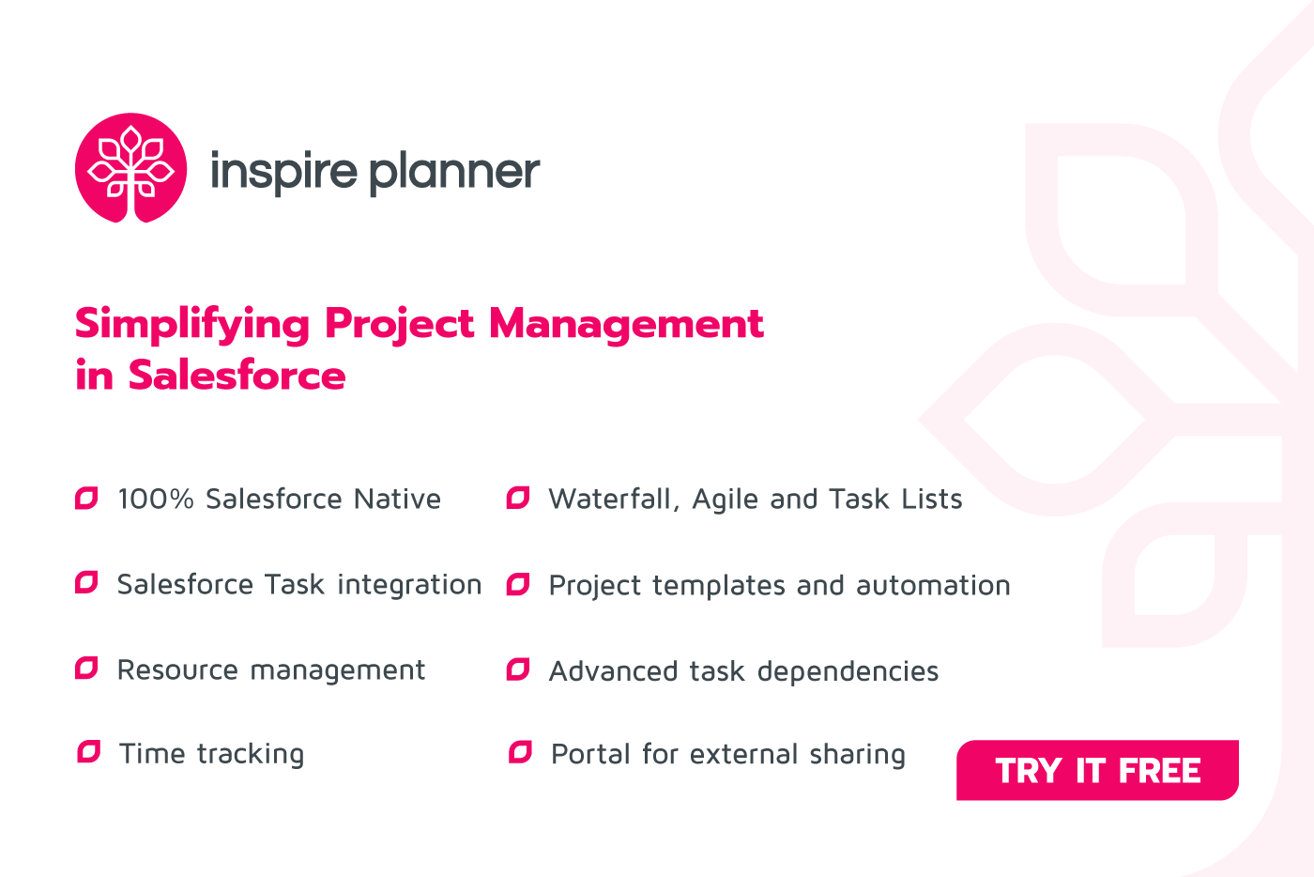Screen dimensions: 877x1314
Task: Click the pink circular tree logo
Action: (130, 168)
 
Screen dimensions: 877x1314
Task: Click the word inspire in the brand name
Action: (283, 172)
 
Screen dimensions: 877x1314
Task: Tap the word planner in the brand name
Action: (454, 172)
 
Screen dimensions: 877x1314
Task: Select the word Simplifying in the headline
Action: (192, 325)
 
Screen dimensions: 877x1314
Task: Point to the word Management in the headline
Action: (626, 324)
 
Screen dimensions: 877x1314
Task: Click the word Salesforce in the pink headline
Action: (237, 376)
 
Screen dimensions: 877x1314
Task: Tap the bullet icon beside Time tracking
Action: (88, 752)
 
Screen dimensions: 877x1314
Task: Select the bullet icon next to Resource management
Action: (86, 669)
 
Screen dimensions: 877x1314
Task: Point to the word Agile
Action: (726, 500)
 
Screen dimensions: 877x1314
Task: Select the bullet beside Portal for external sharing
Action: (520, 752)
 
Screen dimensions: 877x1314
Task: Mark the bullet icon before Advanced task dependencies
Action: (518, 669)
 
